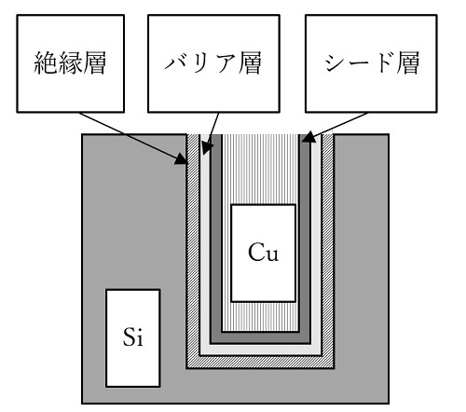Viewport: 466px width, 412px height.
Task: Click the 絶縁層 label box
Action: pyautogui.click(x=71, y=63)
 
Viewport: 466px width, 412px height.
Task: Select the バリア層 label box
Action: pyautogui.click(x=213, y=63)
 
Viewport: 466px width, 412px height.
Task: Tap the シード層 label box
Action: pyautogui.click(x=371, y=63)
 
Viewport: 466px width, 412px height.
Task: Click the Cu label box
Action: pyautogui.click(x=263, y=253)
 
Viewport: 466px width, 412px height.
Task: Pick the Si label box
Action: pyautogui.click(x=133, y=338)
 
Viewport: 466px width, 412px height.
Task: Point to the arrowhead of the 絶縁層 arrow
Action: pyautogui.click(x=183, y=159)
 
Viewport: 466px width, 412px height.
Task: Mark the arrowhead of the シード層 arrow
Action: pyautogui.click(x=308, y=137)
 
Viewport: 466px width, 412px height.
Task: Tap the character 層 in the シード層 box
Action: pyautogui.click(x=407, y=63)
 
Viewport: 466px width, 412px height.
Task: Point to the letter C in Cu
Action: pyautogui.click(x=256, y=252)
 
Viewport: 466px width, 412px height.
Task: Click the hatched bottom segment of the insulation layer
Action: pyautogui.click(x=260, y=363)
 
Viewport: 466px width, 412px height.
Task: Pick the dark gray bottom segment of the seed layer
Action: pyautogui.click(x=260, y=338)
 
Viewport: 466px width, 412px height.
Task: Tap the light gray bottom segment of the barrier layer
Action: pyautogui.click(x=260, y=350)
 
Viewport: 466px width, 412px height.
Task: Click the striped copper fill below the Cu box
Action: pyautogui.click(x=260, y=316)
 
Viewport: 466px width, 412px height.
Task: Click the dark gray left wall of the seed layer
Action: pyautogui.click(x=216, y=239)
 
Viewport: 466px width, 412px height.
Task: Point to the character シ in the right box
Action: pyautogui.click(x=335, y=63)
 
